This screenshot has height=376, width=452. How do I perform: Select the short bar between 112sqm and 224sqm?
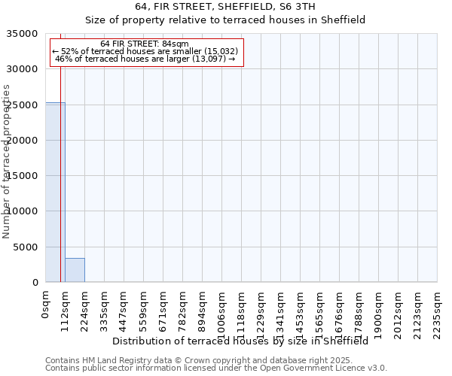pyautogui.click(x=75, y=270)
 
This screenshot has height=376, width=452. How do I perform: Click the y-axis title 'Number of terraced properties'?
pyautogui.click(x=7, y=161)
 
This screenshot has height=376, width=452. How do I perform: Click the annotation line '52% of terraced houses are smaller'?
pyautogui.click(x=145, y=51)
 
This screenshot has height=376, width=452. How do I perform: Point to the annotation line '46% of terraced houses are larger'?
pyautogui.click(x=145, y=59)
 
